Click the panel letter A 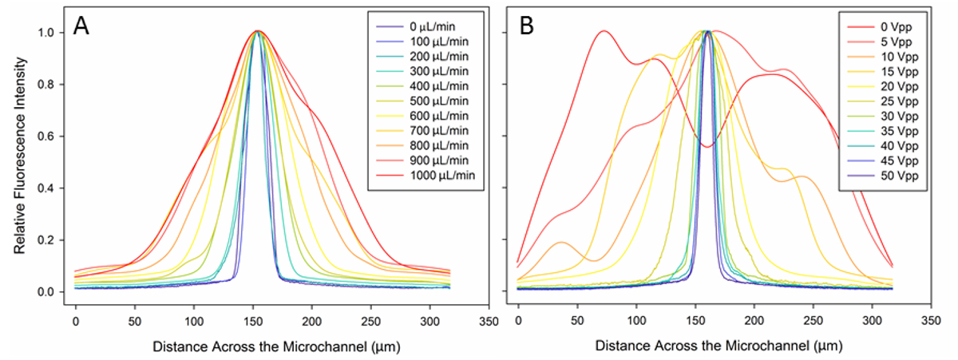click(81, 26)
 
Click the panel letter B click(527, 26)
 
